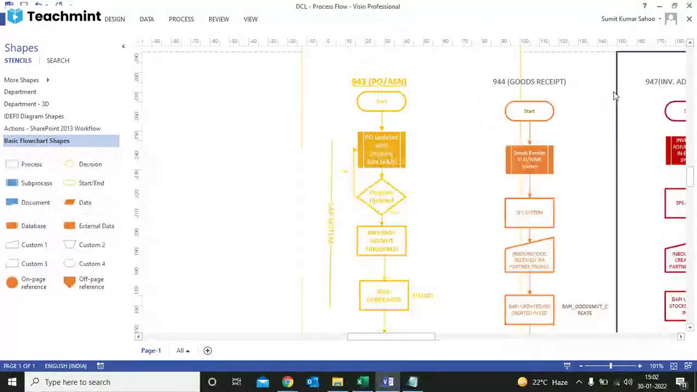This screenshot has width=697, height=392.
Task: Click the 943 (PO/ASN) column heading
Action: (378, 82)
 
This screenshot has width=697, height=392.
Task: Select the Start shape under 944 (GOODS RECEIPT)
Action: (529, 111)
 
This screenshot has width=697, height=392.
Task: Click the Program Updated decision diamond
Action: (381, 197)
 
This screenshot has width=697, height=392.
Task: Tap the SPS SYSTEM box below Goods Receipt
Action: (529, 213)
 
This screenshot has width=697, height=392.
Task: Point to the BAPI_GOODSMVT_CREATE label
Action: (584, 310)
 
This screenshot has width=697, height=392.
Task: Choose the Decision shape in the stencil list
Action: (90, 164)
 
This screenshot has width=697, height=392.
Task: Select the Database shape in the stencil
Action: (33, 226)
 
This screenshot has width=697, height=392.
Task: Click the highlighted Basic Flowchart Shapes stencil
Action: (37, 141)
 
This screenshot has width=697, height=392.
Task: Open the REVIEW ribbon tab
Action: (218, 19)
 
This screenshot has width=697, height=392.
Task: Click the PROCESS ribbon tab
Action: (181, 19)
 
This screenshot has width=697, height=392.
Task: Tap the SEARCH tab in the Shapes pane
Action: (58, 60)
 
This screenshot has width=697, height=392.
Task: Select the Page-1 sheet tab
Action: (151, 351)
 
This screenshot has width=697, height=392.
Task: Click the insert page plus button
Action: (207, 351)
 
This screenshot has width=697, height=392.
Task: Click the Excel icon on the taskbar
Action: (360, 382)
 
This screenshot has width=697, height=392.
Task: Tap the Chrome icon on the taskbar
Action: (288, 382)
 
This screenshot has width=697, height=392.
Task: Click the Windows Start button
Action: (12, 382)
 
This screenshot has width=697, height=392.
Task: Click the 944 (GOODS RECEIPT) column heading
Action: (529, 82)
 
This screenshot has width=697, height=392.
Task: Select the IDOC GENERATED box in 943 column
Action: (384, 296)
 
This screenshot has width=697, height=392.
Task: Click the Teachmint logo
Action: (54, 16)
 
